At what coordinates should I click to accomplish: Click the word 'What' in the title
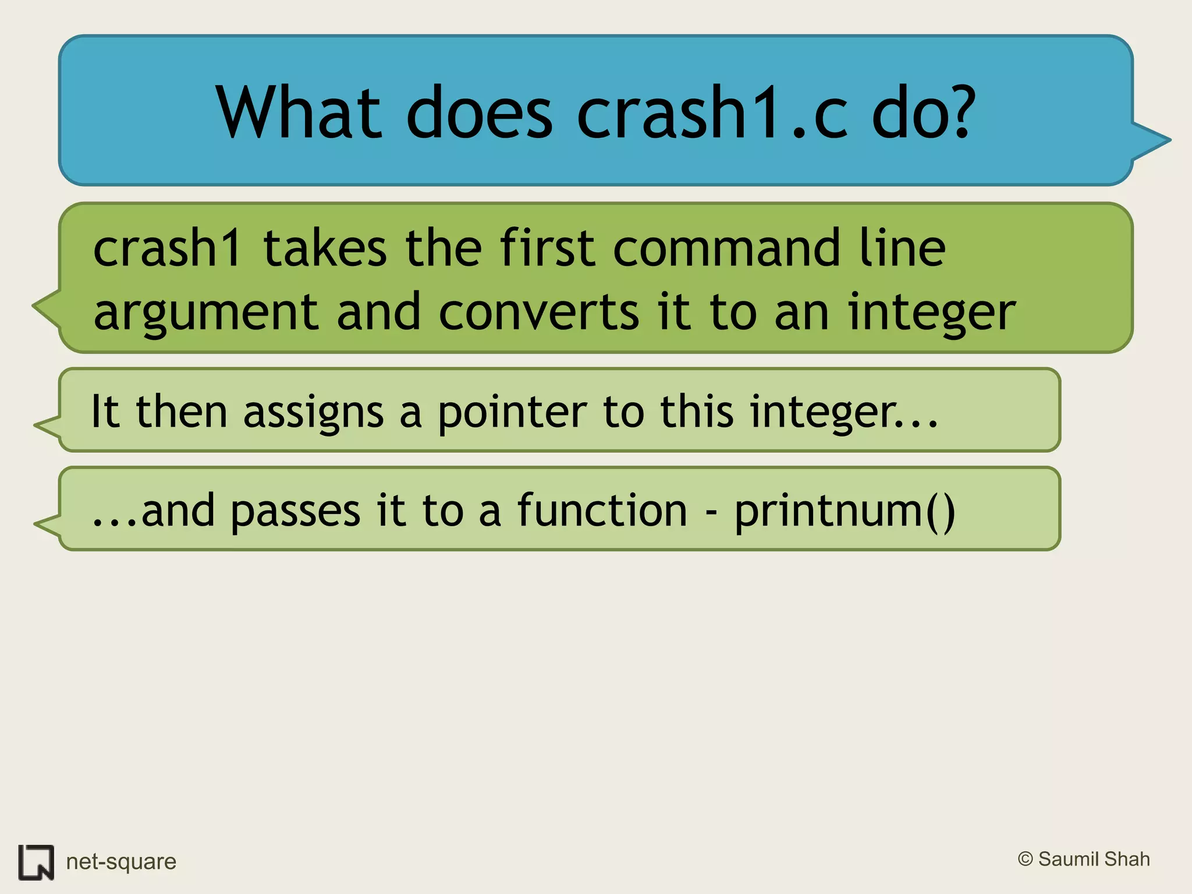tap(299, 112)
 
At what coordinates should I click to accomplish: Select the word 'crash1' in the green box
tap(166, 249)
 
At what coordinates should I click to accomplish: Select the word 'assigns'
tap(313, 412)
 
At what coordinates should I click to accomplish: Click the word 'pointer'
tap(512, 412)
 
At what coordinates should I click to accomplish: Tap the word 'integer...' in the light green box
tap(843, 412)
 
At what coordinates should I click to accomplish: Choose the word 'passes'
tap(296, 511)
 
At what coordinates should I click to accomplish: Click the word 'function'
tap(602, 510)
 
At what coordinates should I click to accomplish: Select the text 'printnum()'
tap(844, 511)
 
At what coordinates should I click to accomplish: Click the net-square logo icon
tap(36, 862)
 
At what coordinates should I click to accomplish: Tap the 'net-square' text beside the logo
tap(121, 861)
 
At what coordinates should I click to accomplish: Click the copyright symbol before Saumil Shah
tap(1025, 859)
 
